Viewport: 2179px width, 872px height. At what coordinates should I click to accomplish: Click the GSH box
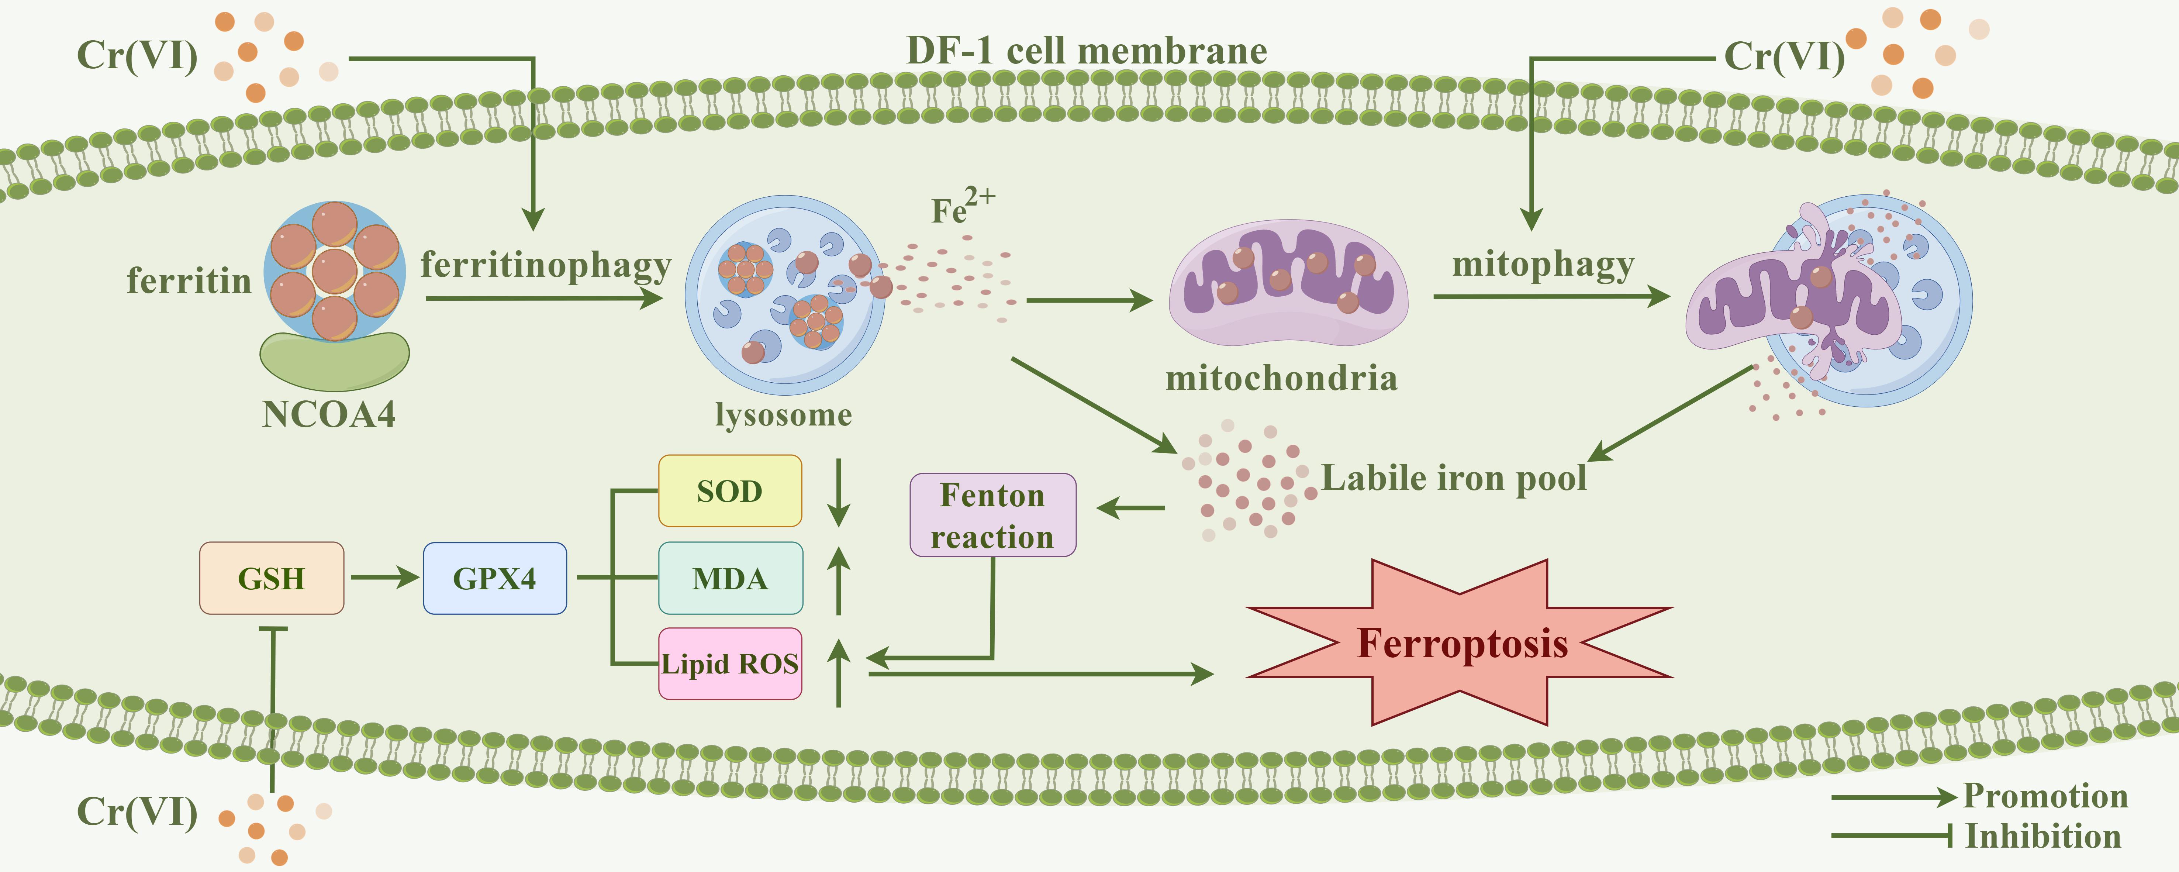coord(272,579)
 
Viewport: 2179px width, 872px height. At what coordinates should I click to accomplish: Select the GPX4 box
coord(495,579)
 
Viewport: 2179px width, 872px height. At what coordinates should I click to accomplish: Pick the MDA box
coord(730,579)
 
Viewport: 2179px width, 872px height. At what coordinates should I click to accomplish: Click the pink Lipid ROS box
coord(730,664)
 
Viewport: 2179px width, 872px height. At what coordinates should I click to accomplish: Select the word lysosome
coord(783,414)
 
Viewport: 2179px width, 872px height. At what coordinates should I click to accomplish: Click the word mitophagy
coord(1543,265)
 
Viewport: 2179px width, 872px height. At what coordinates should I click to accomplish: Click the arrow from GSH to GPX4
coord(385,578)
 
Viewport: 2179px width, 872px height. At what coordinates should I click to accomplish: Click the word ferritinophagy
coord(546,265)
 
